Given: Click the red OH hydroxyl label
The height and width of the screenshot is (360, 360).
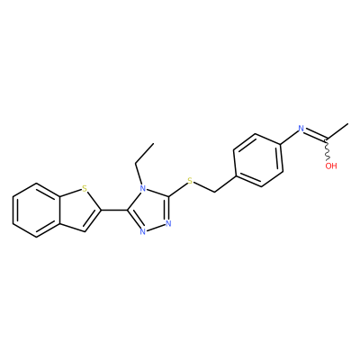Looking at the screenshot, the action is click(331, 166).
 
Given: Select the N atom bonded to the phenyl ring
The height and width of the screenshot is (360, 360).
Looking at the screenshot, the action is click(301, 130).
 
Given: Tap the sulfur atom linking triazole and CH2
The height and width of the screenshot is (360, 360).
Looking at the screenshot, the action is click(190, 181).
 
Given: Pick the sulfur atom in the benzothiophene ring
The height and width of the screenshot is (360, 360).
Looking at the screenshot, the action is click(85, 189).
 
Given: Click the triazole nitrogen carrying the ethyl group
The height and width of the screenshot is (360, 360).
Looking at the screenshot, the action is click(143, 189).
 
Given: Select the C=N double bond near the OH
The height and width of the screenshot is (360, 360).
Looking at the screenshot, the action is click(316, 135).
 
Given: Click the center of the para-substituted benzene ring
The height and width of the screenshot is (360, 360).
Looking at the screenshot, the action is click(258, 160).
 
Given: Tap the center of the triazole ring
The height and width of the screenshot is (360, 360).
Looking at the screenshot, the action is click(150, 210).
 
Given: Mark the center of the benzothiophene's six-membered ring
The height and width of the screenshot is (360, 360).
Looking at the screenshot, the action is click(37, 210).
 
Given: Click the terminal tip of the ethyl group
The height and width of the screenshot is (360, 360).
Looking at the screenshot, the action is click(154, 143).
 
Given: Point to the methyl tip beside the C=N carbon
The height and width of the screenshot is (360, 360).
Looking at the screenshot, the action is click(348, 123).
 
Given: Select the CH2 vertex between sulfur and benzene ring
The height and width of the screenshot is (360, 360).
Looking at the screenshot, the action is click(215, 192).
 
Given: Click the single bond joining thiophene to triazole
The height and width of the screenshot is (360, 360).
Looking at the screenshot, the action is click(114, 210).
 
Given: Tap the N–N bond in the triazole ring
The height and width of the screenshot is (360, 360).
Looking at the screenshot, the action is click(156, 228).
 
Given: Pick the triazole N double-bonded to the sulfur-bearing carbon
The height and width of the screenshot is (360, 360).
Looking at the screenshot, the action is click(168, 224).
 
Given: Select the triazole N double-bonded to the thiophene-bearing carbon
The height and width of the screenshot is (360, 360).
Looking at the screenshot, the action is click(143, 231).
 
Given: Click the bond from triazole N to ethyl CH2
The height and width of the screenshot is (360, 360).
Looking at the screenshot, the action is click(139, 175).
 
